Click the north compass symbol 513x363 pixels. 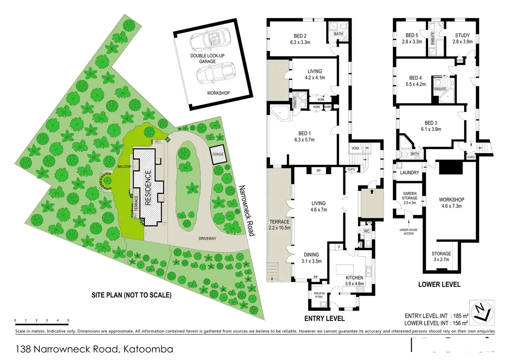(x=482, y=310)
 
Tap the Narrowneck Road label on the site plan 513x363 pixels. (x=246, y=210)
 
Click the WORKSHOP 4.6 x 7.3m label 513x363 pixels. (x=451, y=203)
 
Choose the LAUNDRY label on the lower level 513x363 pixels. (x=409, y=172)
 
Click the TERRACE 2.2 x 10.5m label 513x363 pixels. (x=280, y=225)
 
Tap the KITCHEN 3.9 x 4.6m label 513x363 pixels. (x=354, y=281)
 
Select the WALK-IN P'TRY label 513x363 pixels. (x=319, y=295)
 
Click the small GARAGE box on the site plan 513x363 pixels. (x=218, y=154)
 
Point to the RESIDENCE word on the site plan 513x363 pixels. (x=148, y=187)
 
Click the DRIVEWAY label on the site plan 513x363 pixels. (x=207, y=239)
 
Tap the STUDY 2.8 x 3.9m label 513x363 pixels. (x=462, y=38)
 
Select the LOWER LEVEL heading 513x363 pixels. (x=439, y=284)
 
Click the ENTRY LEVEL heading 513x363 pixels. (x=324, y=318)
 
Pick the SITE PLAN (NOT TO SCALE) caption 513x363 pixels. (x=131, y=295)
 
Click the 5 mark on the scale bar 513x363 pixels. (x=68, y=320)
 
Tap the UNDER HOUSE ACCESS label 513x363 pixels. (x=408, y=231)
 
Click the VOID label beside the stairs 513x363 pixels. (x=355, y=148)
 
